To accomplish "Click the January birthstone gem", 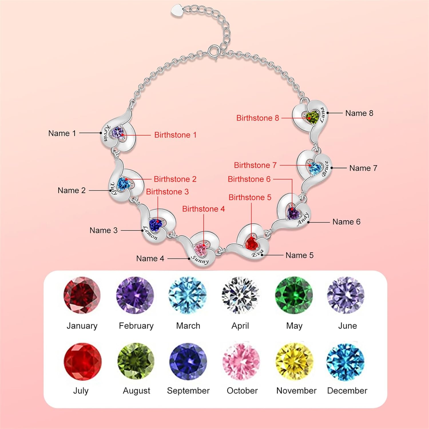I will click(x=82, y=295).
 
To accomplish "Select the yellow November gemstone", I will click(x=294, y=362).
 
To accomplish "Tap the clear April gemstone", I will click(x=240, y=295).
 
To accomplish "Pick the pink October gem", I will click(x=241, y=362).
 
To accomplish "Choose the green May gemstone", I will click(x=294, y=295).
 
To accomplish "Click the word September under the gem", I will click(x=188, y=391).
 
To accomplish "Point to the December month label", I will click(x=347, y=391).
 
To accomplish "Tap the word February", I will click(x=136, y=326).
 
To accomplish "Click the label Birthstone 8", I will click(x=257, y=118).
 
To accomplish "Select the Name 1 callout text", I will click(x=62, y=133).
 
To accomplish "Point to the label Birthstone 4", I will click(x=203, y=209).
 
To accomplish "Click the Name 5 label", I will click(x=299, y=255).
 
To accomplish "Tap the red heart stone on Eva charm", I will click(x=252, y=243).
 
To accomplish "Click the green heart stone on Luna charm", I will click(x=312, y=117).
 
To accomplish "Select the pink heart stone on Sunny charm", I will click(x=200, y=249).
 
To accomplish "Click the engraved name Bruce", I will click(x=325, y=169).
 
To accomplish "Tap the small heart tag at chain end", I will click(x=177, y=11).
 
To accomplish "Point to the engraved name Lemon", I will click(x=150, y=233).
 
